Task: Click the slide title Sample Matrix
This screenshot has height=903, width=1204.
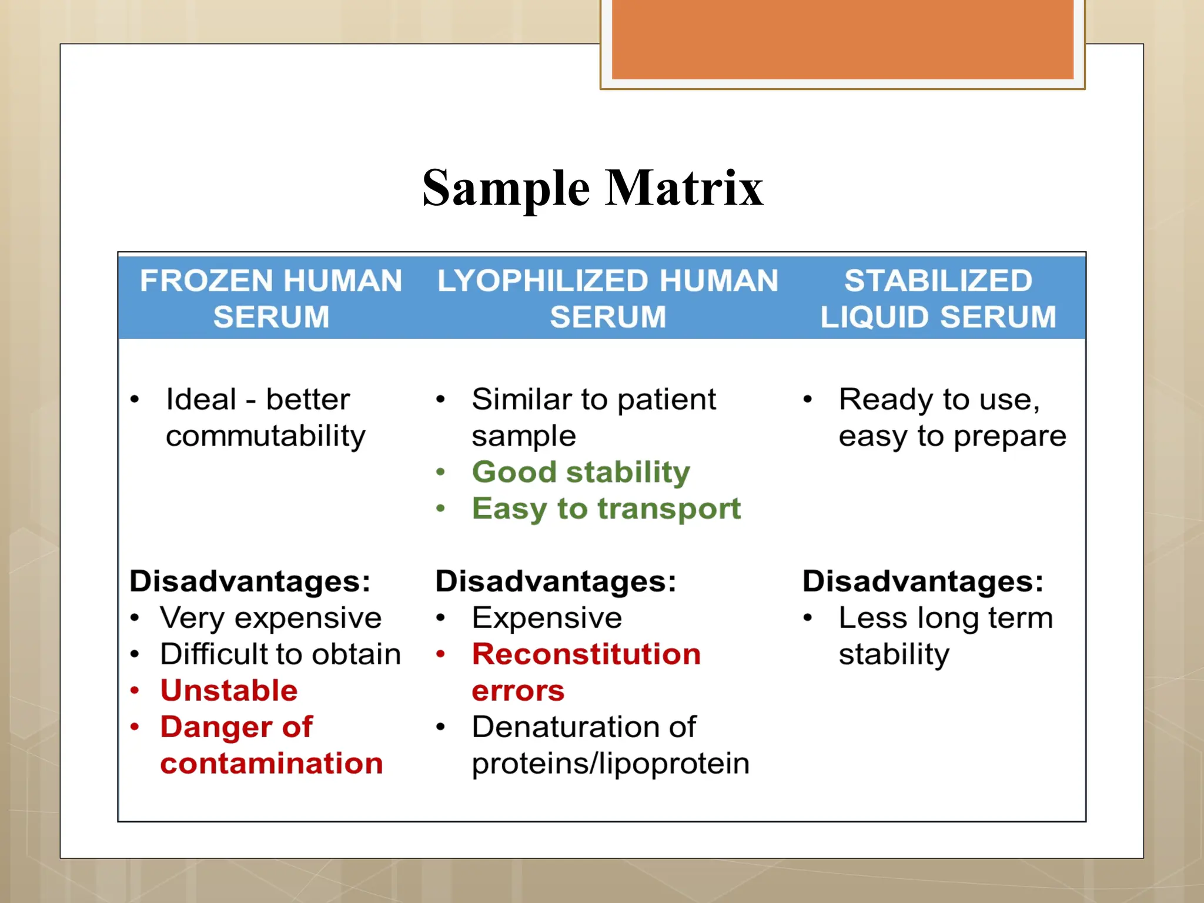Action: (x=593, y=188)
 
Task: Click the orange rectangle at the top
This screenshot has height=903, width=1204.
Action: (x=842, y=39)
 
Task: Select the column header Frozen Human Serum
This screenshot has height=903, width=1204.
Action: (x=271, y=298)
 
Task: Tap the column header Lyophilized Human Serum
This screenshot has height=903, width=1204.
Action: (x=608, y=298)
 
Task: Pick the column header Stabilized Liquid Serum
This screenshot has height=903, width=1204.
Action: (x=938, y=298)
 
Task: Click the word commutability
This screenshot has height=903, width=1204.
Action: (x=266, y=436)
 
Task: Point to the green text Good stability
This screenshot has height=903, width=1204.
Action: (x=581, y=472)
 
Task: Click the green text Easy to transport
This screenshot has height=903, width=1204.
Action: (x=606, y=509)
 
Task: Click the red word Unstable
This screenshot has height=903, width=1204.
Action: (x=229, y=691)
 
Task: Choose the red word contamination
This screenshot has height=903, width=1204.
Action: (x=272, y=764)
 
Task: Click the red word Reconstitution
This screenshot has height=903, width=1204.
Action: (x=586, y=654)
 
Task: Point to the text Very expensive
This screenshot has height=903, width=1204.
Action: (x=271, y=618)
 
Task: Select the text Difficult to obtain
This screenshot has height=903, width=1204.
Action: (x=280, y=654)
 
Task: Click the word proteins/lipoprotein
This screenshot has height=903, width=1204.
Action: (x=610, y=764)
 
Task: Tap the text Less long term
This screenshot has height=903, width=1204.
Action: (x=945, y=618)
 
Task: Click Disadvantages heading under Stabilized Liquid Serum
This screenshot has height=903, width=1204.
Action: (x=923, y=581)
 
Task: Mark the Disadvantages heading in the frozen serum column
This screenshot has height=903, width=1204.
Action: (x=250, y=581)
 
